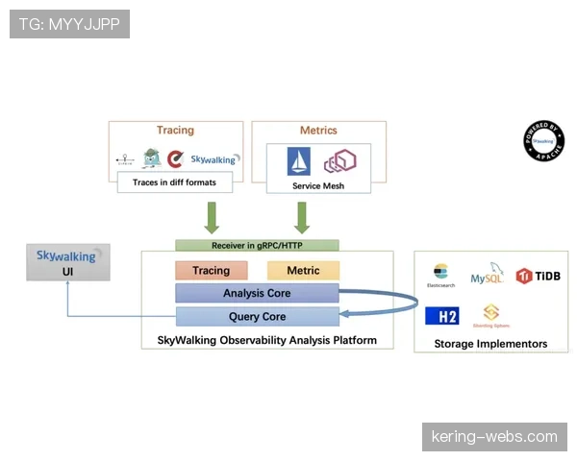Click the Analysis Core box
(257, 293)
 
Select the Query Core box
(257, 316)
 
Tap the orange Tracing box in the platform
(211, 270)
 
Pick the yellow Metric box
(303, 270)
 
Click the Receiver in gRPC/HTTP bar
(257, 245)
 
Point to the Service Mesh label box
(318, 185)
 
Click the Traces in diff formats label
(174, 182)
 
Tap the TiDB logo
(538, 276)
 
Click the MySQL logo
(488, 275)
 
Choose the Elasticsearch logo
(441, 276)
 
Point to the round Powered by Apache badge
(544, 139)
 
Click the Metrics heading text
(318, 130)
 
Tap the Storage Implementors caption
(490, 343)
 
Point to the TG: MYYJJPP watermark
(69, 24)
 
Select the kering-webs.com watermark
(492, 437)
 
